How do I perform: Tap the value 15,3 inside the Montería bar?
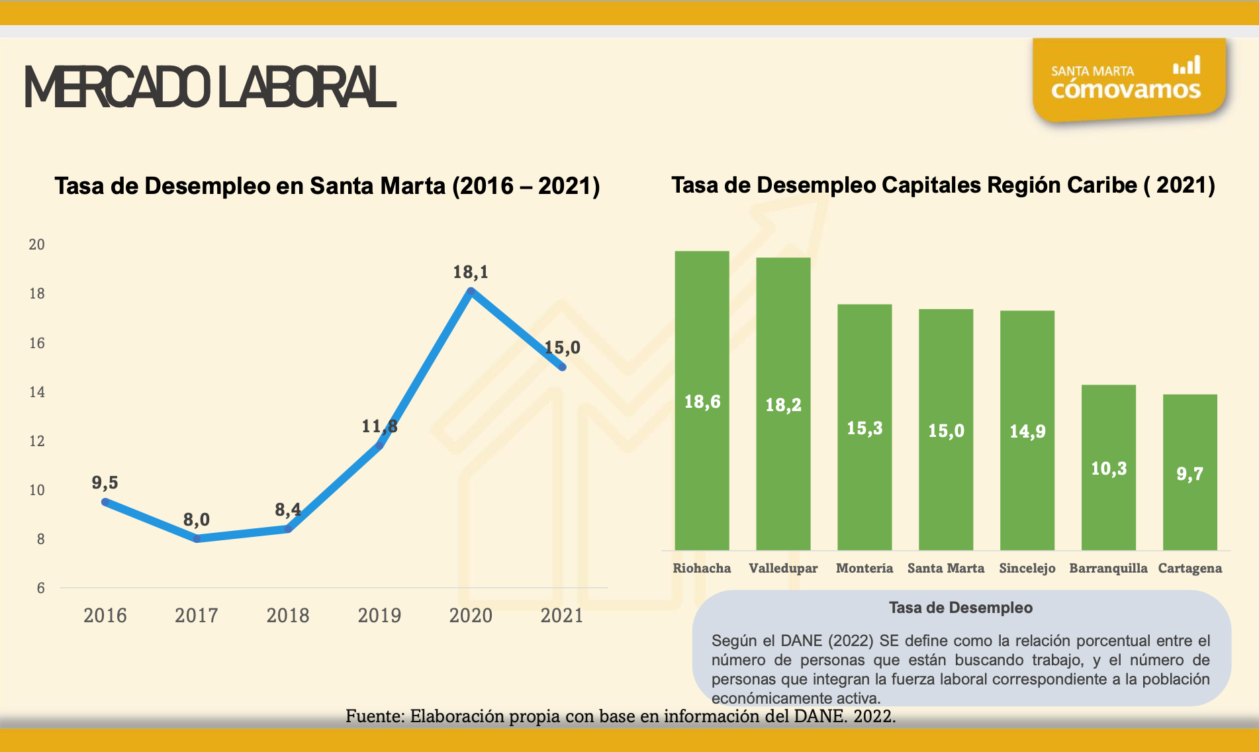(x=864, y=428)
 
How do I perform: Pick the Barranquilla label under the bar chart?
(x=1108, y=568)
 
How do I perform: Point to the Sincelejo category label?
(x=1027, y=568)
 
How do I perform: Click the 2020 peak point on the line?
(x=471, y=291)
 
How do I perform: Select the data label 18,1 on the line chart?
(x=471, y=271)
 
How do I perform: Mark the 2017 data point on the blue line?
(x=197, y=539)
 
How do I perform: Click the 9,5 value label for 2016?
(x=105, y=482)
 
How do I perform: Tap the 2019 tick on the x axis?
(x=379, y=615)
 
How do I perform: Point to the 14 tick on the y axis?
(x=37, y=392)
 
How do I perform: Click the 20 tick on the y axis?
(x=37, y=244)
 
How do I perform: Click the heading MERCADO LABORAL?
(x=210, y=87)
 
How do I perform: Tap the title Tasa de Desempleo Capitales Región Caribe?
(x=943, y=185)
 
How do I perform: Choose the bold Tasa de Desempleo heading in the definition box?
(x=960, y=608)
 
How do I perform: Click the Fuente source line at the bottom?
(x=620, y=716)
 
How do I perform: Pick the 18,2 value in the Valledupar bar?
(x=783, y=404)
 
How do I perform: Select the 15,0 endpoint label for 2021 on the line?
(x=562, y=347)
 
